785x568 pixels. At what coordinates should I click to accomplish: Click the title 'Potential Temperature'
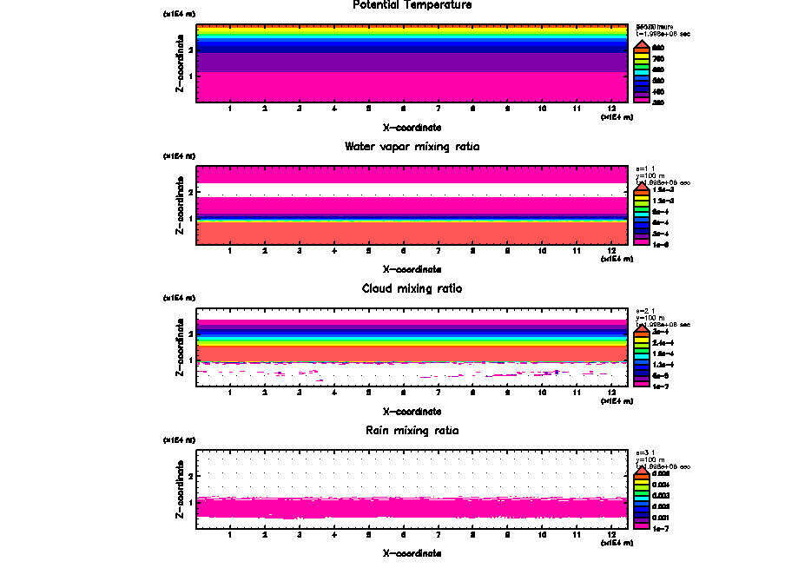[x=412, y=5]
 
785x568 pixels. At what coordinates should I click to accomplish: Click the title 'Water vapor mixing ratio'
[x=412, y=147]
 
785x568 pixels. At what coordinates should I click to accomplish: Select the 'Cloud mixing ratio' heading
[x=412, y=288]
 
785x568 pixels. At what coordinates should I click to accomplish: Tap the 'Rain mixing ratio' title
[x=412, y=431]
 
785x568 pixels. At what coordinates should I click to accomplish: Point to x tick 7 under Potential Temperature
[x=438, y=109]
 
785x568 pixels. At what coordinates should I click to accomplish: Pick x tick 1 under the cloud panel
[x=230, y=393]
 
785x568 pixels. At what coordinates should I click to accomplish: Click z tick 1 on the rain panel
[x=191, y=502]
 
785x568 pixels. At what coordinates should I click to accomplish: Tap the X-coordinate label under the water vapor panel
[x=412, y=269]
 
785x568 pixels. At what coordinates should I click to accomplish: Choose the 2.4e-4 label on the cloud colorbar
[x=663, y=343]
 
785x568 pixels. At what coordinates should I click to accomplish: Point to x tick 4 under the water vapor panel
[x=334, y=252]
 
